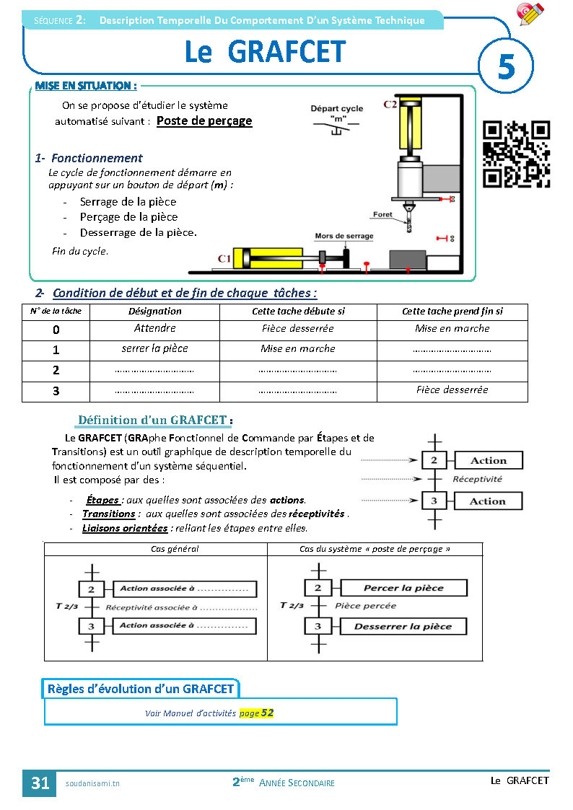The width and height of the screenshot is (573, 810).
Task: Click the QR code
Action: [516, 154]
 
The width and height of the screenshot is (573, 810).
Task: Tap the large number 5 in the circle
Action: [506, 67]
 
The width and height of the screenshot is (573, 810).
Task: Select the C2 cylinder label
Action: [390, 105]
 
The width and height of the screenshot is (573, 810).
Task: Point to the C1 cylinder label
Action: [224, 257]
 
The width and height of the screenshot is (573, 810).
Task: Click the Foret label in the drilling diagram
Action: [382, 215]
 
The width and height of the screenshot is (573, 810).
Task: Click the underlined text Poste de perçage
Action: [204, 121]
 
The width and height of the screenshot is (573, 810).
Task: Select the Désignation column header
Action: [155, 312]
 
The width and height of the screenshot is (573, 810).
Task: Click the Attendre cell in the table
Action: [155, 328]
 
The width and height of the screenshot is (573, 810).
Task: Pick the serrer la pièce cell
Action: [155, 348]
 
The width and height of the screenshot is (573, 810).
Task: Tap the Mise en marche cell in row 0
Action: [452, 328]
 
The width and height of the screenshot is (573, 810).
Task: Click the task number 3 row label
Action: [56, 391]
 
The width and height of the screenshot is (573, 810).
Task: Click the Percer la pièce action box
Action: [403, 588]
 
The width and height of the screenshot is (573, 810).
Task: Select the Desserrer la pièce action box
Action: [403, 626]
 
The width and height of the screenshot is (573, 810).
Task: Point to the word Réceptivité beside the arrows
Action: [477, 479]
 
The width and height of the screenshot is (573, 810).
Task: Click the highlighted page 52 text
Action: [257, 713]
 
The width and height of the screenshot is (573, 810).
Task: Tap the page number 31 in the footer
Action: [40, 783]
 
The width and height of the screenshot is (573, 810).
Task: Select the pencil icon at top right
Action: [531, 14]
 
